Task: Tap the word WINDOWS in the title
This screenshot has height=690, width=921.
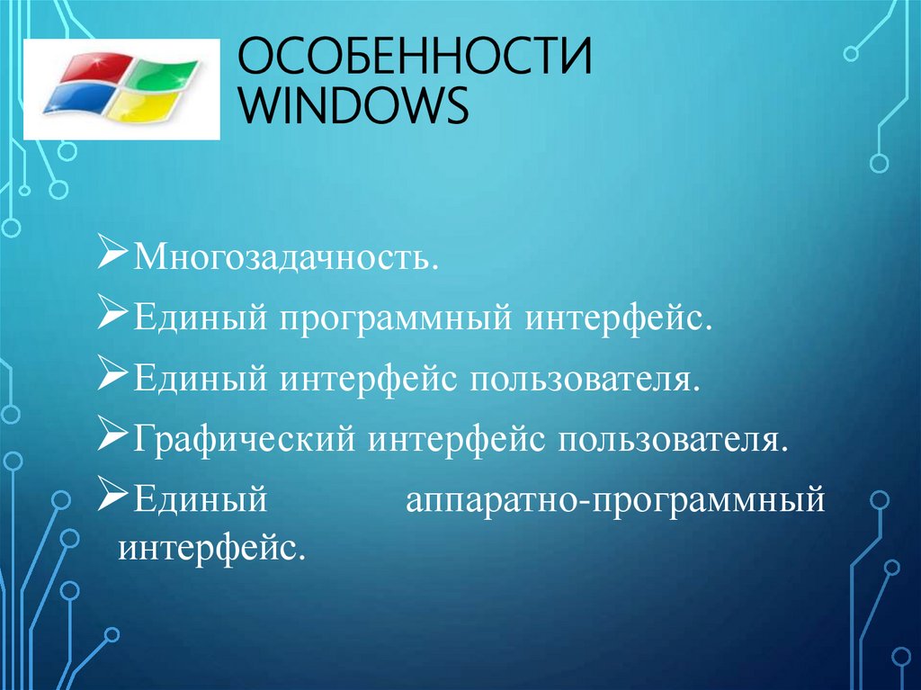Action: (358, 107)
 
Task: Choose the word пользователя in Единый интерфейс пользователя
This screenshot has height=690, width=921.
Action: (581, 378)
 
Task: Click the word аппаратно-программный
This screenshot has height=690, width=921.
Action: (614, 497)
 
